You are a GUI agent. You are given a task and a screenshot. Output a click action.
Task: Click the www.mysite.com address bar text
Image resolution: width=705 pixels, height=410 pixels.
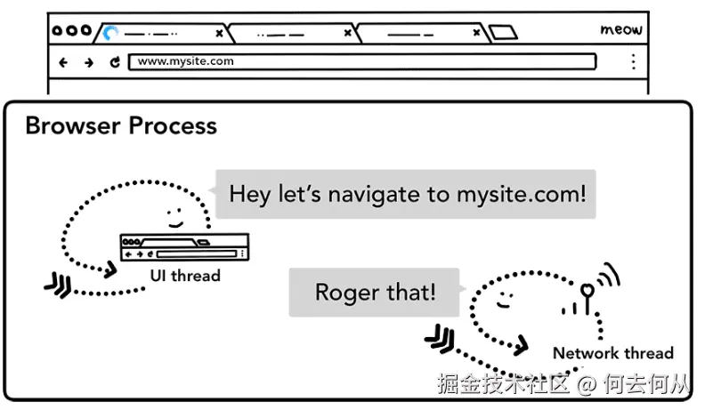pyautogui.click(x=186, y=61)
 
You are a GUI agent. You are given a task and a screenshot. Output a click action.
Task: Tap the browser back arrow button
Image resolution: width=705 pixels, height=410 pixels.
pyautogui.click(x=63, y=62)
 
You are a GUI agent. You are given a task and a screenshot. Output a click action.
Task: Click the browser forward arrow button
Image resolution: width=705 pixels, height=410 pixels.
pyautogui.click(x=88, y=62)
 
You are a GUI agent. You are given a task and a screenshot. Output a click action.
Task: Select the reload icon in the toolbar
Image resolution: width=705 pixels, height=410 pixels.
pyautogui.click(x=115, y=62)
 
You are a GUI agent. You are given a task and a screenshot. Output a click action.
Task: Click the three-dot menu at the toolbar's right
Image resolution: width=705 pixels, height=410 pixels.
pyautogui.click(x=633, y=61)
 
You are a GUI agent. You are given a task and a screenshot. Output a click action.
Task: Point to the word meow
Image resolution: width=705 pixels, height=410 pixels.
pyautogui.click(x=620, y=30)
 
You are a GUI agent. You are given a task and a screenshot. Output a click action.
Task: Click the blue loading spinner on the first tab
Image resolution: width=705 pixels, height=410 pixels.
pyautogui.click(x=110, y=34)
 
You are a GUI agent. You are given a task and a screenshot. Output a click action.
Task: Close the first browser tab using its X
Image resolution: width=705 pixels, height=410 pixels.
pyautogui.click(x=219, y=34)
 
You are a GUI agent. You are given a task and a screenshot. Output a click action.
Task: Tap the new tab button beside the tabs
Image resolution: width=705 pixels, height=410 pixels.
pyautogui.click(x=503, y=33)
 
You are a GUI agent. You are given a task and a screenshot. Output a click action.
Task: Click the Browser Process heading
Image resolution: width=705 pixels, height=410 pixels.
pyautogui.click(x=121, y=125)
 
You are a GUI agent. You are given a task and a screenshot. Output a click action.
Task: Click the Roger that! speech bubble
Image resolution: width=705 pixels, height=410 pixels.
pyautogui.click(x=375, y=292)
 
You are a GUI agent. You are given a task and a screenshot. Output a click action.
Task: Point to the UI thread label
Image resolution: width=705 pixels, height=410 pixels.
pyautogui.click(x=184, y=276)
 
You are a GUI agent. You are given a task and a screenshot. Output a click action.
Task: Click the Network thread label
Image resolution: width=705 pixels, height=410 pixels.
pyautogui.click(x=612, y=353)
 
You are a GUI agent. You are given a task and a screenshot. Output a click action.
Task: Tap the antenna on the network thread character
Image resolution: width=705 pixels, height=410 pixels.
pyautogui.click(x=588, y=293)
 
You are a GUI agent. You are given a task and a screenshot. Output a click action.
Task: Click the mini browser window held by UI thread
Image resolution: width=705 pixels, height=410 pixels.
pyautogui.click(x=185, y=247)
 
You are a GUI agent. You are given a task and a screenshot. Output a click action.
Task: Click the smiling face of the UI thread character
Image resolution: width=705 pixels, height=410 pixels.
pyautogui.click(x=174, y=216)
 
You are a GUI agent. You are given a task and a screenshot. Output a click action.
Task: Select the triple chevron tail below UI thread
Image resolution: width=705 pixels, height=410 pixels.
pyautogui.click(x=58, y=286)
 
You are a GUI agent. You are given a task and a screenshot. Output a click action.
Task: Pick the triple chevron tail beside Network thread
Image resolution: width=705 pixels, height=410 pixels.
pyautogui.click(x=440, y=337)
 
